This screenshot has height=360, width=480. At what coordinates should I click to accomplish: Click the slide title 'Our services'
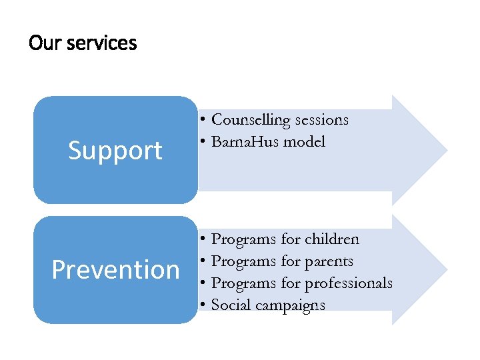click(x=83, y=43)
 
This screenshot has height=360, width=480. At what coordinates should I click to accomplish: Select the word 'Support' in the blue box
click(x=115, y=151)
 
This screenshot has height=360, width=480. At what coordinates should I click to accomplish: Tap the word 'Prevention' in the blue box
click(x=115, y=270)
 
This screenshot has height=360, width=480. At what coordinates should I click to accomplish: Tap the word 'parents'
click(x=329, y=261)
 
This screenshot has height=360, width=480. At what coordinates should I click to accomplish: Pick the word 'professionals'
click(x=349, y=283)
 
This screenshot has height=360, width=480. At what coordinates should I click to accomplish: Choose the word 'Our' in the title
click(x=41, y=43)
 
